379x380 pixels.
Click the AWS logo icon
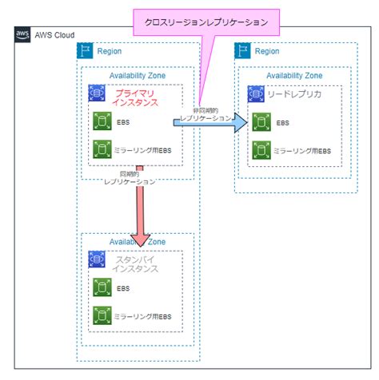coord(22,36)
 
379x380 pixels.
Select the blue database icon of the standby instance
coord(100,260)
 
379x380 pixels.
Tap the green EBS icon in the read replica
coord(260,122)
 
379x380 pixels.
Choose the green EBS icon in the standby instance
coord(102,288)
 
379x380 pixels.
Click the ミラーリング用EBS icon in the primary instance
coord(102,149)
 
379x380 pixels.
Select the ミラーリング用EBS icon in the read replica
coord(260,149)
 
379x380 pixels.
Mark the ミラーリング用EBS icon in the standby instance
coord(102,316)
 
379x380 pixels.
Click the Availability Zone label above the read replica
coord(294,76)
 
